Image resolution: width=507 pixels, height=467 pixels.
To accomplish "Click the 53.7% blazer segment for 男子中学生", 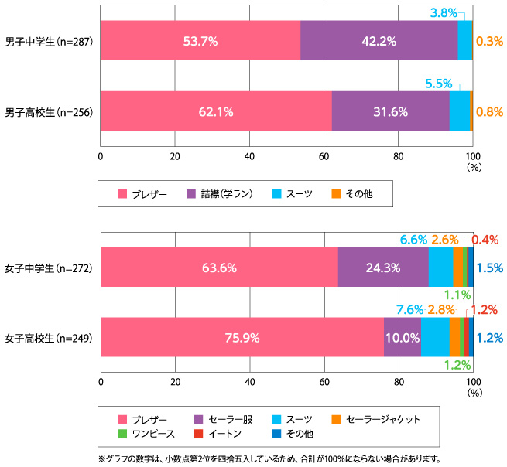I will pos(200,40).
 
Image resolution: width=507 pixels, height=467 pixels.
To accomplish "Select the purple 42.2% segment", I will pos(379,40).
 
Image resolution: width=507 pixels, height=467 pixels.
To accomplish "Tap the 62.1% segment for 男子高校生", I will pos(215,111).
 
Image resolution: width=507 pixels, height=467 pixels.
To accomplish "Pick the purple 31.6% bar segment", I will pos(390,111).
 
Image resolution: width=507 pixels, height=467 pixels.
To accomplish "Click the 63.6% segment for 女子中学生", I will pos(218,268).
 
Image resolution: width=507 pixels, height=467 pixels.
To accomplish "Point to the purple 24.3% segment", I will pos(383,268).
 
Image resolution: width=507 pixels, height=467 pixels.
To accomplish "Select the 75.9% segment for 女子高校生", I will pos(242,337).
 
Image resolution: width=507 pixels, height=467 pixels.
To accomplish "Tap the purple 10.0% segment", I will pos(402,337).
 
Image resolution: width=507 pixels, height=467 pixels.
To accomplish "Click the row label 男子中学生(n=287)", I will pos(49,41).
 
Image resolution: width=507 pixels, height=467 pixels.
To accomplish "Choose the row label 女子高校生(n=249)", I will pos(49,338).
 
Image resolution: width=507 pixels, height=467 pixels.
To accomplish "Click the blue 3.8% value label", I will pos(443,12).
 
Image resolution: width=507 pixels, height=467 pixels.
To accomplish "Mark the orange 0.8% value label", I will pos(489,111).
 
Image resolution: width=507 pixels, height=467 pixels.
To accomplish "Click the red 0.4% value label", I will pos(489,240).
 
